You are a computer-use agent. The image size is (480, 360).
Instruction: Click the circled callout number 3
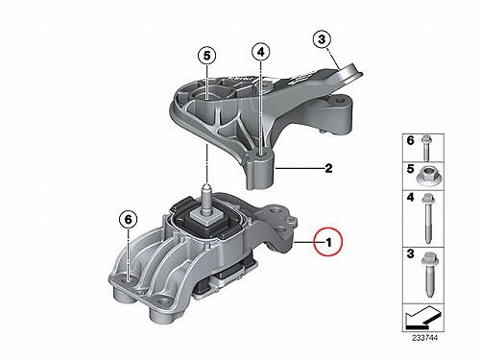pyautogui.click(x=322, y=39)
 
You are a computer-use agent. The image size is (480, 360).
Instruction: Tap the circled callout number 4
pyautogui.click(x=261, y=52)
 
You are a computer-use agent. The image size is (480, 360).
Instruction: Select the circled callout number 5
pyautogui.click(x=207, y=56)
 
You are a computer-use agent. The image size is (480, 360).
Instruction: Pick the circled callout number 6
pyautogui.click(x=128, y=220)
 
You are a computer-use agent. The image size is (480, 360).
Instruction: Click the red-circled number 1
pyautogui.click(x=328, y=242)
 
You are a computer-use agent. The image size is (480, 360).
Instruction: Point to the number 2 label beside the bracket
pyautogui.click(x=328, y=168)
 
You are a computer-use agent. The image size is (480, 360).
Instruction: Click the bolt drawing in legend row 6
pyautogui.click(x=425, y=148)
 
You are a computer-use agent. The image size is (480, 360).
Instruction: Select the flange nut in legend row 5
pyautogui.click(x=425, y=177)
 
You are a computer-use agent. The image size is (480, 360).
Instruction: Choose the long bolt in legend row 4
pyautogui.click(x=427, y=219)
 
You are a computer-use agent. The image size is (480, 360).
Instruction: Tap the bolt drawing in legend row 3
pyautogui.click(x=428, y=276)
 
